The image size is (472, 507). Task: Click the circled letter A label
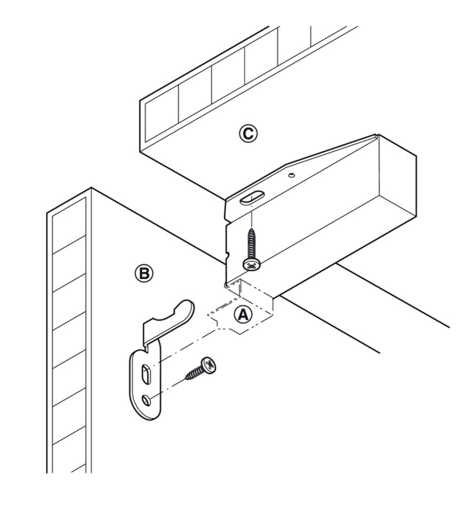242,315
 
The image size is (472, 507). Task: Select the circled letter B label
144,273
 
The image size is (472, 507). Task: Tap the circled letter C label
247,133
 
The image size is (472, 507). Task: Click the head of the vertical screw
252,264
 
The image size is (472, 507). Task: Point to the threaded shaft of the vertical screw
252,241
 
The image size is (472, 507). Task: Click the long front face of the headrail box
317,238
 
